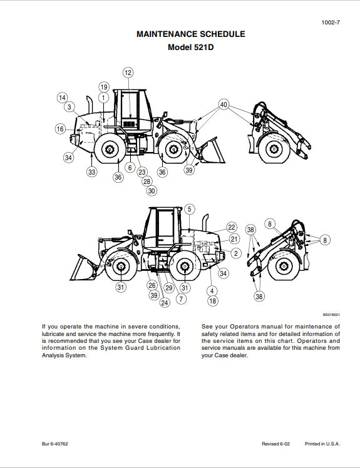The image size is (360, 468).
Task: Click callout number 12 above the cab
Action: [128, 73]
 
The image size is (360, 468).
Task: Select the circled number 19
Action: [104, 87]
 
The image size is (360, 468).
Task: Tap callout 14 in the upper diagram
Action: [62, 98]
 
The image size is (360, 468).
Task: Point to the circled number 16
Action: [60, 129]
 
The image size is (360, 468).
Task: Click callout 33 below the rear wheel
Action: [92, 171]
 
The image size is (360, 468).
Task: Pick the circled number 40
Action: [224, 104]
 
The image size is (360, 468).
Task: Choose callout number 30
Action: [152, 191]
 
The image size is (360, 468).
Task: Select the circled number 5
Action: [189, 209]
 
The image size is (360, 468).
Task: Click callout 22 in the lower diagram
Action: [231, 227]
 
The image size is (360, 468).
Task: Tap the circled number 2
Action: [236, 253]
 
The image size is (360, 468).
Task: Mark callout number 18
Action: [212, 301]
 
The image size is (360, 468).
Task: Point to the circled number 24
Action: [165, 303]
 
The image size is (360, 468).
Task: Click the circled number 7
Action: [181, 299]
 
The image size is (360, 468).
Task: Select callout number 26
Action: [152, 285]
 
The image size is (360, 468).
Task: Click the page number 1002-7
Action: [331, 23]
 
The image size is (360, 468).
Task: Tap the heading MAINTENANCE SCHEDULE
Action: [191, 34]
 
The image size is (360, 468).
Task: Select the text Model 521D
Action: [191, 48]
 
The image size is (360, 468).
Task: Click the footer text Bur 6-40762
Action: [55, 444]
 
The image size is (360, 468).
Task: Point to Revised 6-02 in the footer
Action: [275, 444]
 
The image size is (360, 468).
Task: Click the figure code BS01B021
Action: [331, 315]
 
